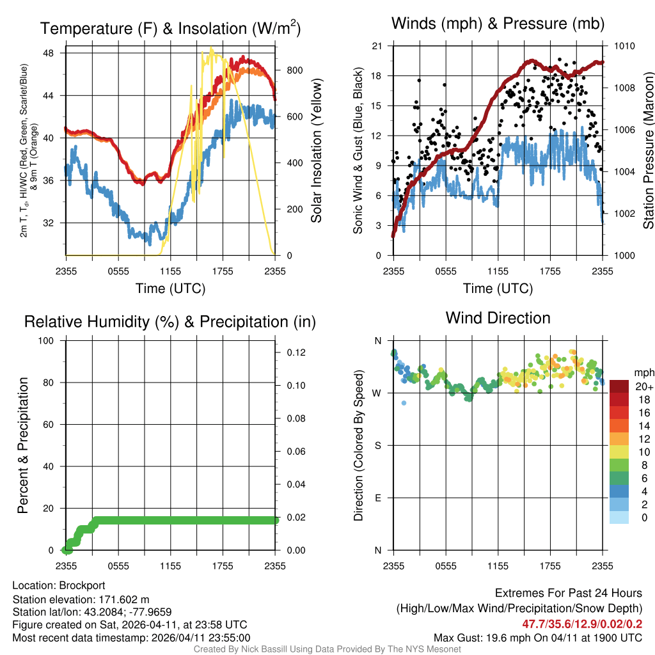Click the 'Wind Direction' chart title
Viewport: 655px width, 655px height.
coord(498,318)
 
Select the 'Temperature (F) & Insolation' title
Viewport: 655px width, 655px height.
coord(170,29)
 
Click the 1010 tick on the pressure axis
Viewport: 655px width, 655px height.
coord(624,46)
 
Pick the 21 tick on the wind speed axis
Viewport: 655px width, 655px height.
coord(377,46)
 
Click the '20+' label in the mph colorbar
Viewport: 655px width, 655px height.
coord(644,386)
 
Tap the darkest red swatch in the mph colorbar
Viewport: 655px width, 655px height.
coord(619,386)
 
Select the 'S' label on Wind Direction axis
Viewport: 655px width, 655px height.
coord(377,445)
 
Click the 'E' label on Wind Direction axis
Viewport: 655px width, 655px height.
coord(377,498)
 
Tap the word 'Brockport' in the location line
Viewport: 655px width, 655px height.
coord(82,585)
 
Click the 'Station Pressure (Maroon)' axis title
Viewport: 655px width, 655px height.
coord(647,150)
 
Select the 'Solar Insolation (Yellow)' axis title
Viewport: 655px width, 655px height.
coord(315,150)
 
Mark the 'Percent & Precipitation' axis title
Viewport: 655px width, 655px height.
coord(23,445)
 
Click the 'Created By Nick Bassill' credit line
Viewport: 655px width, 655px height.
coord(327,649)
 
